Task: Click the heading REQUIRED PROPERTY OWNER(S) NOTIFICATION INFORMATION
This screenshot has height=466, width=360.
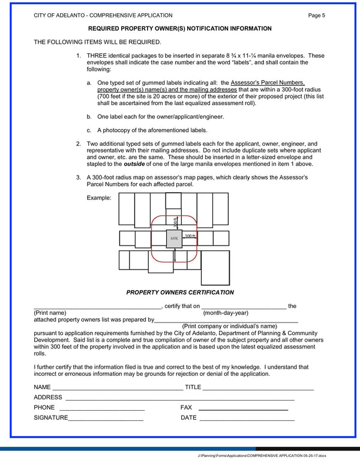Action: coord(180,29)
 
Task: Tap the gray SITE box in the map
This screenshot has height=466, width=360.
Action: coord(174,238)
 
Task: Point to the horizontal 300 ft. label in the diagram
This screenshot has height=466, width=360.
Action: coord(190,236)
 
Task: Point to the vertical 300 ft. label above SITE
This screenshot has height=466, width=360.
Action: coord(175,221)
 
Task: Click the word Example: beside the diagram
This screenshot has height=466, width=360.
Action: coord(99,198)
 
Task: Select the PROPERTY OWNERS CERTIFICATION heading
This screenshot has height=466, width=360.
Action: coord(180,292)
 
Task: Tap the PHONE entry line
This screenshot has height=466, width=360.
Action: coord(102,410)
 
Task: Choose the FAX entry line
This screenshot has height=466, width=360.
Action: coord(243,410)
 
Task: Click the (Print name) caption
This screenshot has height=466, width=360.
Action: coord(50,313)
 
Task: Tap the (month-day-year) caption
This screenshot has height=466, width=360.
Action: coord(226,313)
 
